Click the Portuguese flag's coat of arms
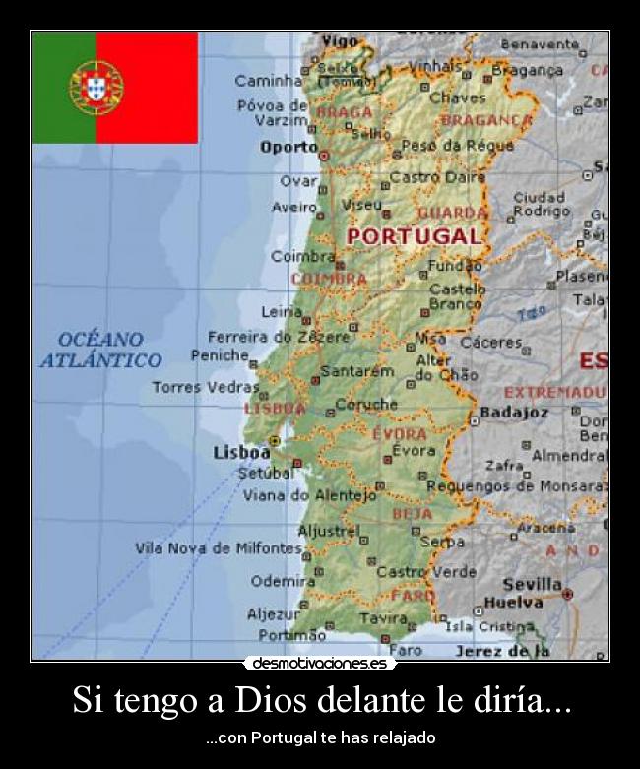coord(96,87)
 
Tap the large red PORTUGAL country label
coord(414,236)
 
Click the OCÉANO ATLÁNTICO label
coord(100,350)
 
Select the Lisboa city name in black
coord(241,453)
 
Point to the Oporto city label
coord(288,147)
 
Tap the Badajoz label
coord(514,413)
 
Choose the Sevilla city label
coord(532,584)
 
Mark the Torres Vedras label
coord(205,387)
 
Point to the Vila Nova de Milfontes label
coord(219,548)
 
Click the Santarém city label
coord(357,372)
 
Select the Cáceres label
coord(490,343)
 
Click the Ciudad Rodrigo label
coord(541,204)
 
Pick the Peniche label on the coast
coord(220,355)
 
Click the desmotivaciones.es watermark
coord(320,664)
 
